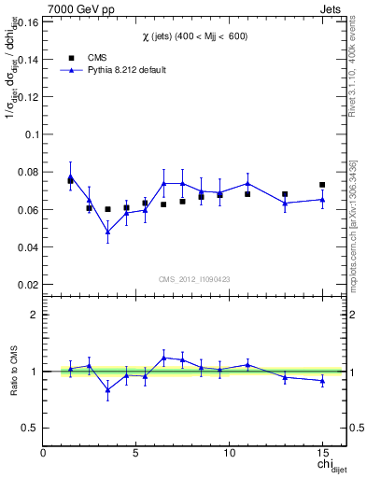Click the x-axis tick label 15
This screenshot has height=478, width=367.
click(x=322, y=453)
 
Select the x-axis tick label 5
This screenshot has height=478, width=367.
click(x=136, y=453)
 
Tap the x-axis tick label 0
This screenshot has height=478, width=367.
click(x=44, y=453)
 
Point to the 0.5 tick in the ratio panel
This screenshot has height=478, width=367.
click(x=31, y=428)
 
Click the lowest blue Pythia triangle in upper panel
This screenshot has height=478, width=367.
click(x=107, y=231)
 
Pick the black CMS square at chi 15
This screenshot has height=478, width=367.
click(x=322, y=185)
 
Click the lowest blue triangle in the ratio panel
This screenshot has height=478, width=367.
click(x=107, y=389)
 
